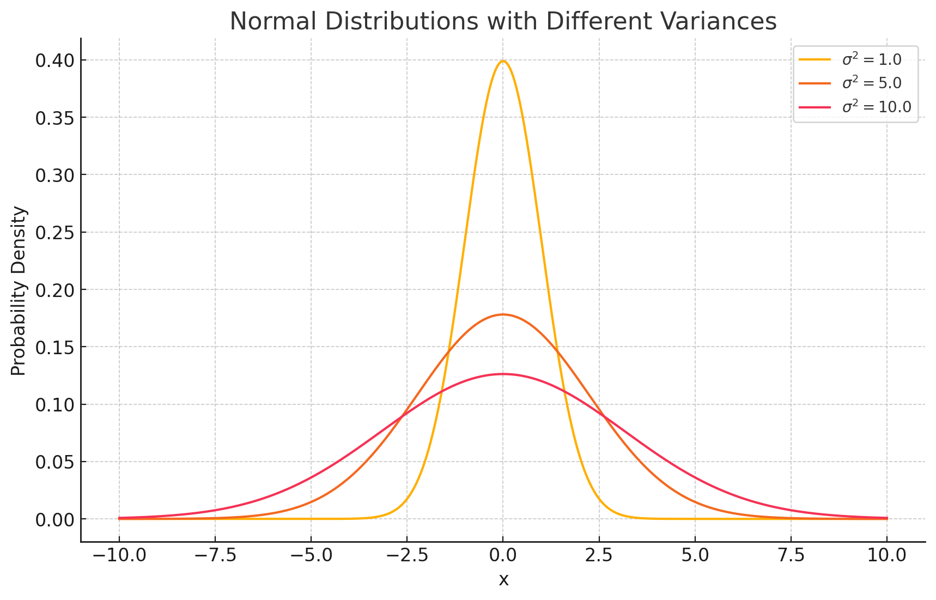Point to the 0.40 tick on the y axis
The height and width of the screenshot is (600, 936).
[54, 60]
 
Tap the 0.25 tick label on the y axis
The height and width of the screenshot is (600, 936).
[54, 232]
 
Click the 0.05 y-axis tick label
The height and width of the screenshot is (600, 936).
[54, 462]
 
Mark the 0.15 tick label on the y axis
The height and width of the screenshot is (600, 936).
[54, 347]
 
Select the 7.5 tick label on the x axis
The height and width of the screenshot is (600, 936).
[791, 556]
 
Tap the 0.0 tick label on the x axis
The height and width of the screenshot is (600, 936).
[503, 556]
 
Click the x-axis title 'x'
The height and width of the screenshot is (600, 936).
[503, 580]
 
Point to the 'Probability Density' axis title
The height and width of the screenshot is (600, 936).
[19, 290]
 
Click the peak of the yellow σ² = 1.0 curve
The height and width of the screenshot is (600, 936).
[503, 61]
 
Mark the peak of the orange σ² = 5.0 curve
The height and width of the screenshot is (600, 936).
[503, 314]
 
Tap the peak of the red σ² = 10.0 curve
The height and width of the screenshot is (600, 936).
[503, 374]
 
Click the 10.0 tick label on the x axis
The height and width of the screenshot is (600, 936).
[886, 556]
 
